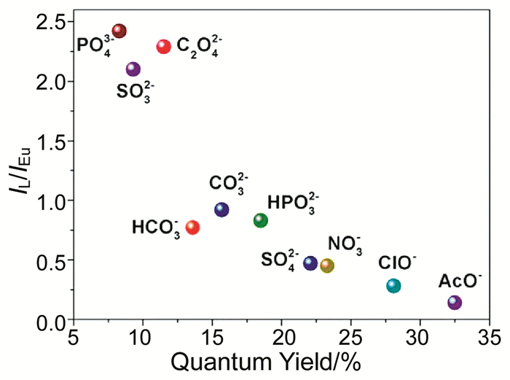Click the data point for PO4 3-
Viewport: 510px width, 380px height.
click(x=119, y=31)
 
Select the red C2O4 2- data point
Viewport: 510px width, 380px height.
click(x=164, y=47)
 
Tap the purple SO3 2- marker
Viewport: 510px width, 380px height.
click(x=133, y=69)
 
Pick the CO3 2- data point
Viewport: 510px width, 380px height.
click(x=222, y=210)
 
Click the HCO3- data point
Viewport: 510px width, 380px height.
click(x=193, y=228)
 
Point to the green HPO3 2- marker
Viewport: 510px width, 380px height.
click(x=261, y=220)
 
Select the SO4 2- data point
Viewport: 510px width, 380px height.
click(x=310, y=263)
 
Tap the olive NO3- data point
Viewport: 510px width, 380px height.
click(x=327, y=265)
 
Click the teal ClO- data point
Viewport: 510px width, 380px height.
click(x=393, y=286)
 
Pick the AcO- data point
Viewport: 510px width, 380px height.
click(x=455, y=302)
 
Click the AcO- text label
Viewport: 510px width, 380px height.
click(x=458, y=280)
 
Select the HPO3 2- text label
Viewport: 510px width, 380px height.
click(x=294, y=202)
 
